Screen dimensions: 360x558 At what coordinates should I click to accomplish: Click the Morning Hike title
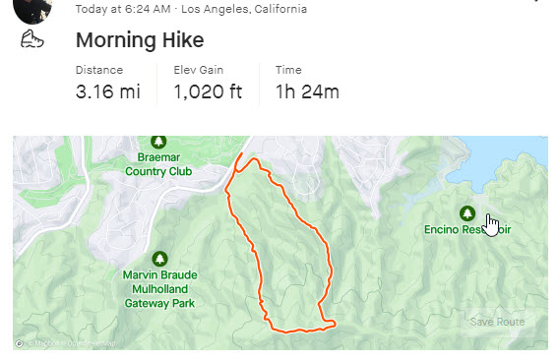pos(140,40)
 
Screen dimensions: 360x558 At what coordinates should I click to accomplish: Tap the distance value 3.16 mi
pos(107,92)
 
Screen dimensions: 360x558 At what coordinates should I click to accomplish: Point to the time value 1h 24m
pos(306,92)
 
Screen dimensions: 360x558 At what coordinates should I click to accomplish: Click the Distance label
pos(99,70)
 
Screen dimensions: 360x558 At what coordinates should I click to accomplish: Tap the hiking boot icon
pos(32,41)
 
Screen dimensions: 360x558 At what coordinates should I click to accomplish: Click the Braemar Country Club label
pos(158,164)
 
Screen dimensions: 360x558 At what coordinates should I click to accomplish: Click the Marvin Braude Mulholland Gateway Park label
pos(159,289)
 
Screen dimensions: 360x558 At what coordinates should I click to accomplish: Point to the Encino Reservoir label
pos(467,229)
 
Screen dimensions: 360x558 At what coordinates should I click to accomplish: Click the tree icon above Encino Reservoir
pos(467,212)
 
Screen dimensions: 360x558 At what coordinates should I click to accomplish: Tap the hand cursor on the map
pos(491,222)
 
